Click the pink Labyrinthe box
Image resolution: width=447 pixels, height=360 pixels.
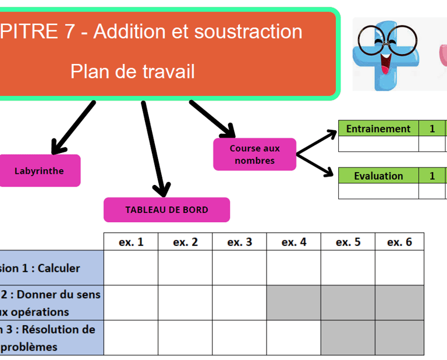pos(39,170)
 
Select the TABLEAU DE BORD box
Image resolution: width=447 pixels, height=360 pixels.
pos(166,210)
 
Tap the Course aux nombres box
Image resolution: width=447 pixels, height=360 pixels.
pos(254,154)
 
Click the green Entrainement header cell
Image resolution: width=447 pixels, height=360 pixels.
pos(378,129)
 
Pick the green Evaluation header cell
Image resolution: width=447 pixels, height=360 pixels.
pos(378,176)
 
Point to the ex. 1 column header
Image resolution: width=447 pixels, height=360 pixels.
pos(131,242)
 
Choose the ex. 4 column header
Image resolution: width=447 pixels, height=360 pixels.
pos(293,242)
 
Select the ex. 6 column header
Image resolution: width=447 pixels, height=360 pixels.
pos(399,242)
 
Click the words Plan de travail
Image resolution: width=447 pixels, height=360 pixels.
pos(132,72)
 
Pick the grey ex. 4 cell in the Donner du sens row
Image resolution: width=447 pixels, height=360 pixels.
pos(293,302)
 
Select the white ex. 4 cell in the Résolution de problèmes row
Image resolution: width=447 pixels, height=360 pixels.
pos(293,337)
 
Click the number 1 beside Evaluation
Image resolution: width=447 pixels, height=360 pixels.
pos(432,176)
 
